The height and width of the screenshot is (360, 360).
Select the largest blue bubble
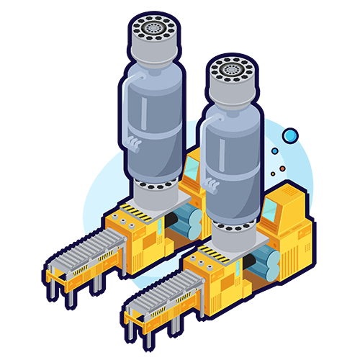point(289,135)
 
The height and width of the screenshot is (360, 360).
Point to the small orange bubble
point(283,169)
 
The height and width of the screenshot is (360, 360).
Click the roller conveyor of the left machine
point(86,248)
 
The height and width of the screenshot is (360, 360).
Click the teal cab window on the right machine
point(270,210)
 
